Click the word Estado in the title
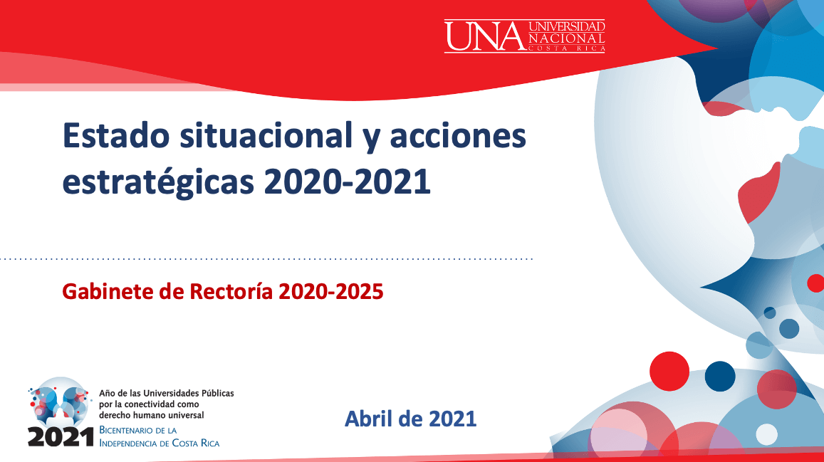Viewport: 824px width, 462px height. click(116, 135)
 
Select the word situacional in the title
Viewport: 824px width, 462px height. click(266, 135)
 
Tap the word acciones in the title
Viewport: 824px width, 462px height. click(458, 137)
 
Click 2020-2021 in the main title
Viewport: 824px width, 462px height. click(347, 183)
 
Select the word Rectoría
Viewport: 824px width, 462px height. click(231, 291)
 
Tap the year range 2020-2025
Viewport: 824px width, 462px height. click(331, 291)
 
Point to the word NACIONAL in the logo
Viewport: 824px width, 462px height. click(566, 38)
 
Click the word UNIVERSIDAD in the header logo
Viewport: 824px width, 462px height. click(566, 26)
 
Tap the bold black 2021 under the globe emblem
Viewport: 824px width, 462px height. click(61, 437)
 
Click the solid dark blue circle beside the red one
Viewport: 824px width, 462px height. click(720, 376)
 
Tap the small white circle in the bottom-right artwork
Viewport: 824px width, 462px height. click(767, 435)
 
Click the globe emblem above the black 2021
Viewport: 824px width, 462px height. click(59, 401)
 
